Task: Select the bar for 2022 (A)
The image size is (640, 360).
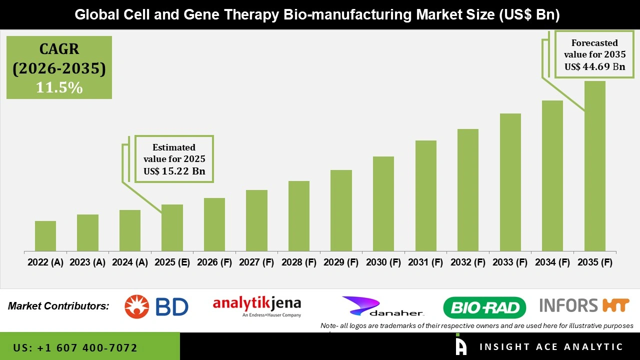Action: click(x=45, y=236)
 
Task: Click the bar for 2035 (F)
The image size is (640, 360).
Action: click(x=594, y=166)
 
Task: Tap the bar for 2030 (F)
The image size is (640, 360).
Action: click(x=383, y=203)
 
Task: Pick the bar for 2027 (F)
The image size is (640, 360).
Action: click(x=256, y=220)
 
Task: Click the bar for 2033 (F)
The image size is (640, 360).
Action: click(x=510, y=182)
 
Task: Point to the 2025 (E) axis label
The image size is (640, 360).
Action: click(x=172, y=262)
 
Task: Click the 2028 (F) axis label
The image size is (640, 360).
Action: click(x=299, y=262)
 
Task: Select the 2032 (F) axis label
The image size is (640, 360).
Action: click(x=468, y=262)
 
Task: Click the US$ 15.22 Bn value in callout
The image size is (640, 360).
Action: click(x=174, y=171)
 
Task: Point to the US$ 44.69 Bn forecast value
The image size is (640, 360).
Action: click(x=594, y=66)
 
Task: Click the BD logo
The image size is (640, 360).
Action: click(x=156, y=306)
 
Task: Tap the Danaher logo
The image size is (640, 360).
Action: click(x=383, y=306)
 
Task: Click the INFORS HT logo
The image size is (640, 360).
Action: click(x=584, y=305)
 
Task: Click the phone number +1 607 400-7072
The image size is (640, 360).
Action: click(x=75, y=347)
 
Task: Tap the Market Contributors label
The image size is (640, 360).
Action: click(x=58, y=305)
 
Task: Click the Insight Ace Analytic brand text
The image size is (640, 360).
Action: click(x=551, y=347)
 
